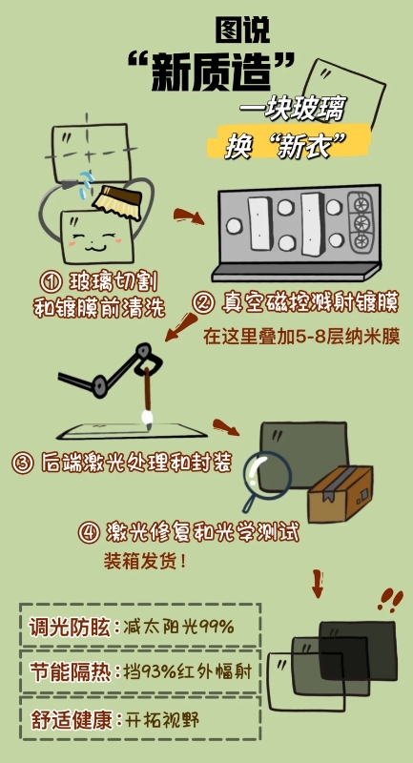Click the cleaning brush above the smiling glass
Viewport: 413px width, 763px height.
[x=117, y=199]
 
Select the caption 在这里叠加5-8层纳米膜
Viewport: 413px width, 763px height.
[x=300, y=337]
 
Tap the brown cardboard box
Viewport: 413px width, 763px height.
[x=341, y=493]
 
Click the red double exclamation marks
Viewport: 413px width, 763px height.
[x=388, y=599]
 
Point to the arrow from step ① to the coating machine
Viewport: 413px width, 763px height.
[x=189, y=217]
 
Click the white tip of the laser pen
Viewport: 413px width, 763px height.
[x=148, y=417]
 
